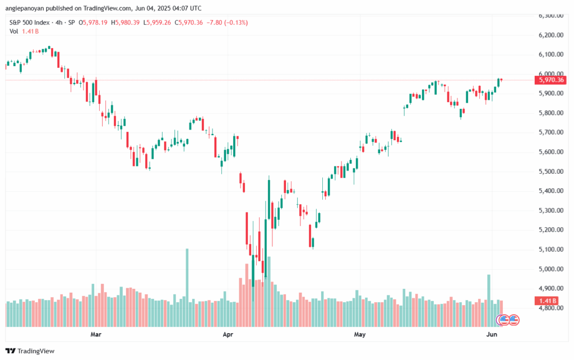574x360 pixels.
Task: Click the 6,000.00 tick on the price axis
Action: pos(550,74)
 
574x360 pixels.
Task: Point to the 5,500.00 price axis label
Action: pos(550,172)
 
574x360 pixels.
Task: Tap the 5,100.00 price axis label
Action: pos(550,250)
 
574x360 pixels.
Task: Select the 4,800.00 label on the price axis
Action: pos(550,308)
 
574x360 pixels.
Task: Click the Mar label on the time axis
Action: pos(96,335)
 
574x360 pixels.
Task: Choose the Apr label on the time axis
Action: pos(228,335)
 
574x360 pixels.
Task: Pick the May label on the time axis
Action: pos(359,335)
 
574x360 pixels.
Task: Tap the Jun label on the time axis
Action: pos(491,335)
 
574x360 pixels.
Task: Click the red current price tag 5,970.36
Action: pos(551,80)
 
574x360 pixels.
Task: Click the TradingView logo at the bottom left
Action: pos(31,351)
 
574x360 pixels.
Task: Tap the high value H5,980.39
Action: pos(127,22)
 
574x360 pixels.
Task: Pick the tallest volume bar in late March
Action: pos(187,286)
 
